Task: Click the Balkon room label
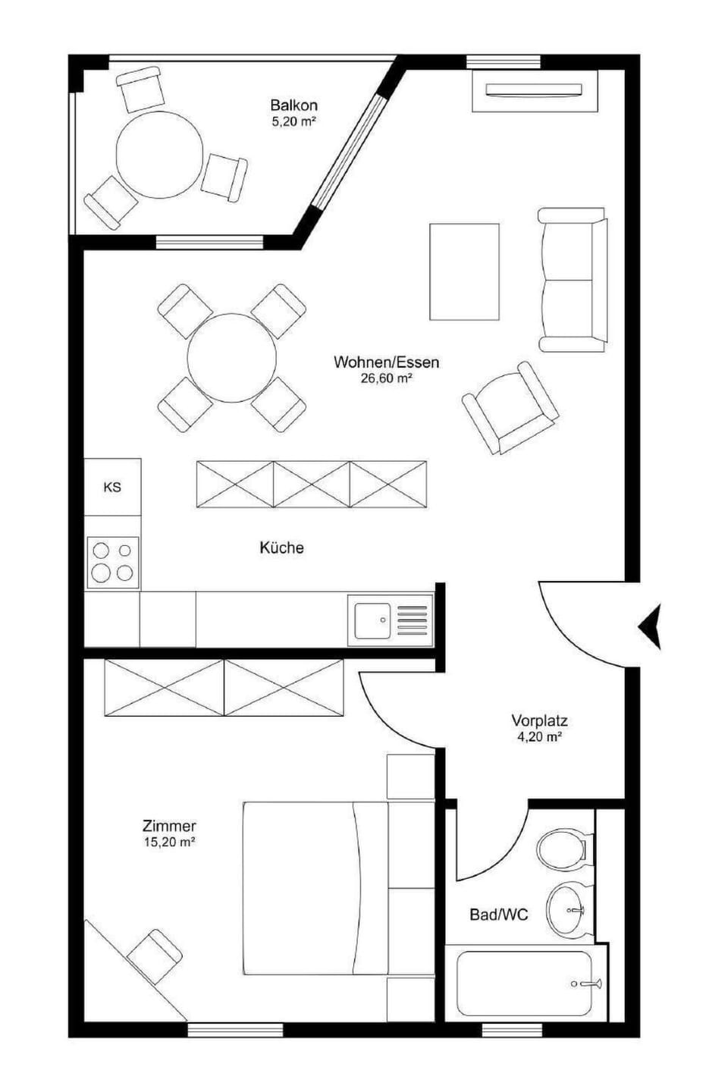click(293, 105)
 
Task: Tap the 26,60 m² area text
click(386, 378)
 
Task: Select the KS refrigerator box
click(112, 487)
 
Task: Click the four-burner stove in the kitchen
click(112, 562)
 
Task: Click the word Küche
click(281, 548)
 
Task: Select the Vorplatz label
click(539, 720)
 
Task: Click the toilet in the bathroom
click(563, 847)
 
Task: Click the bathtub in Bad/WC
click(525, 984)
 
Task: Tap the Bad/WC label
click(498, 915)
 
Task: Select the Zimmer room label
click(169, 826)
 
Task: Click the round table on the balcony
click(159, 155)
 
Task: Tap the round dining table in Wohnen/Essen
click(232, 357)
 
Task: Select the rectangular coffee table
click(464, 271)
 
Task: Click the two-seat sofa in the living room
click(573, 280)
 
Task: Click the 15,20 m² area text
click(169, 841)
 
